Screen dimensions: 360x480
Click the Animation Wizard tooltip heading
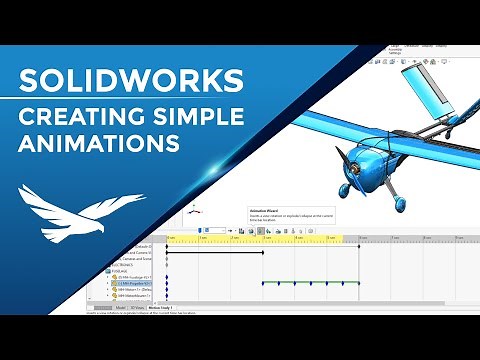[x=265, y=211]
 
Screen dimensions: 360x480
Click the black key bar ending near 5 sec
[x=214, y=252]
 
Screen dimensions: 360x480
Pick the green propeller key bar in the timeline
[x=310, y=283]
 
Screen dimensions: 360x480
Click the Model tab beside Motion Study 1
[x=120, y=308]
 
